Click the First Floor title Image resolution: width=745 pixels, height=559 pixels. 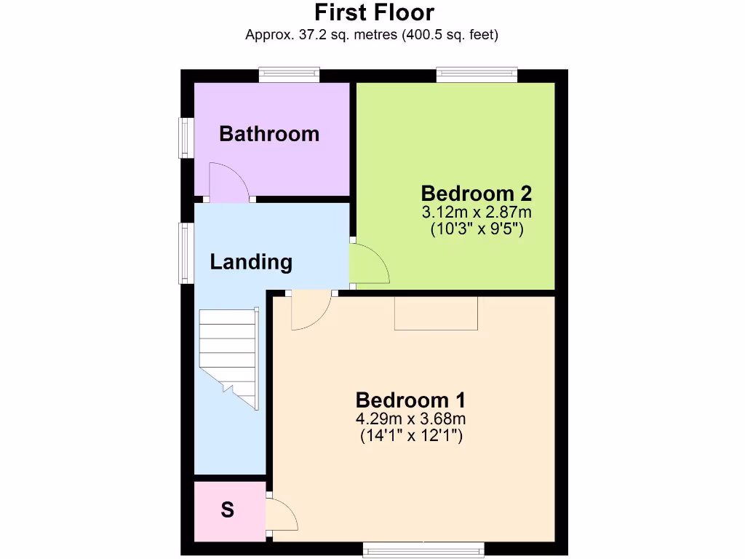pos(374,12)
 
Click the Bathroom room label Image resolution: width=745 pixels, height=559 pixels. pos(269,134)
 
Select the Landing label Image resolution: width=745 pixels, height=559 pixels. pos(251,262)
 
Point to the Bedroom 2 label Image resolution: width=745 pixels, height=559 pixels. pos(477,194)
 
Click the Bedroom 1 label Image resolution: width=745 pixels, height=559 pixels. pos(411,400)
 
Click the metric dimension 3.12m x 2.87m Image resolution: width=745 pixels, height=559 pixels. pos(477,213)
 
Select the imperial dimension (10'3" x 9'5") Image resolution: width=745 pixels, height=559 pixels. pos(477,229)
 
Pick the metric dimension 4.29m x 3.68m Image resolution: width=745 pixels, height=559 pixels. pos(411,419)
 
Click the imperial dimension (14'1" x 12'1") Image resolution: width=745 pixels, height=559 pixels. pos(411,437)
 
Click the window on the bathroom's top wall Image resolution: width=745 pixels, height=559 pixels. pos(290,75)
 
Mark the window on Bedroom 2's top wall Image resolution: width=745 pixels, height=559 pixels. pos(477,75)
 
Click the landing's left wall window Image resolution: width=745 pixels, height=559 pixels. pos(187,253)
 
